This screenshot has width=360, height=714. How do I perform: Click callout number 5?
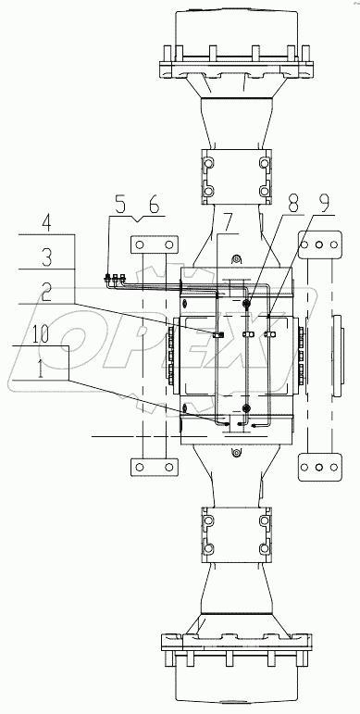point(120,203)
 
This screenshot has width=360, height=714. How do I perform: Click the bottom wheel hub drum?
point(235,676)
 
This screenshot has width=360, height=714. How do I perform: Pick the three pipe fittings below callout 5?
point(115,276)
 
